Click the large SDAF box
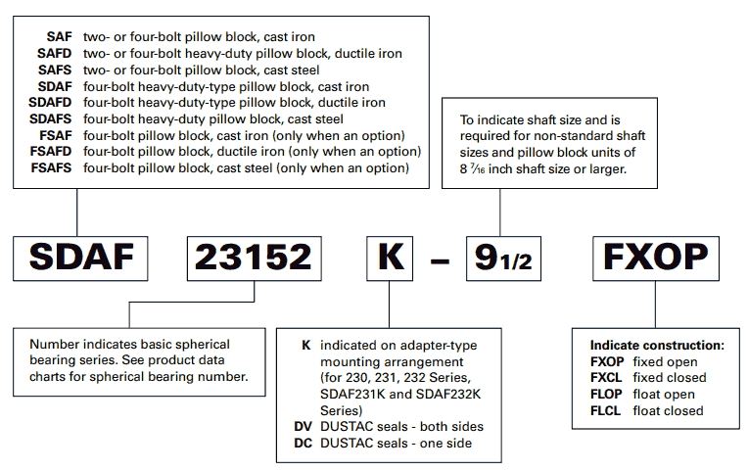click(80, 259)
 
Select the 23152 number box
click(255, 259)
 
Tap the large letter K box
click(390, 259)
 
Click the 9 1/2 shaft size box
click(504, 259)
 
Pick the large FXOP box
click(656, 259)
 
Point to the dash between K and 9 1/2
click(440, 261)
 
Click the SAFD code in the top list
click(55, 54)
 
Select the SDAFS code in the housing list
click(51, 118)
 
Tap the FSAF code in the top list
click(56, 135)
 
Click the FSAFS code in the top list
click(51, 168)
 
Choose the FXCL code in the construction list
click(606, 377)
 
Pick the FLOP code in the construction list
click(606, 395)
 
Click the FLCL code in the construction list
click(606, 410)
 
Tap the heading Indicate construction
click(657, 345)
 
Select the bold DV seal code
click(303, 427)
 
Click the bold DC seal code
click(303, 444)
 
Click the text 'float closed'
click(668, 410)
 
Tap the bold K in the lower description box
click(306, 345)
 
